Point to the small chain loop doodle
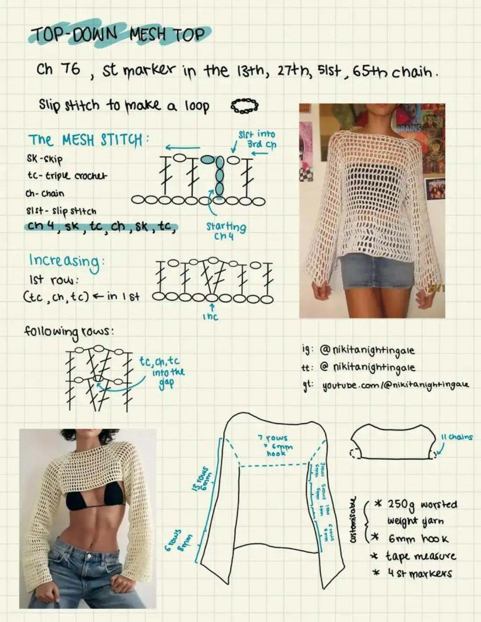pos(244,106)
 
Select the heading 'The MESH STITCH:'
pos(87,140)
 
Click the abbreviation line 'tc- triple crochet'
pos(67,176)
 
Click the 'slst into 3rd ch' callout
pos(258,139)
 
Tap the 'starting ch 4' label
pos(225,231)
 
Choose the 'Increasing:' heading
pos(66,260)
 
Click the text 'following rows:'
pos(69,331)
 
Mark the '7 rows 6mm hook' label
pos(275,445)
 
